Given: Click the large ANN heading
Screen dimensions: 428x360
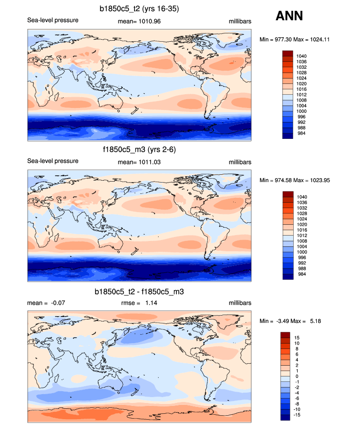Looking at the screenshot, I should coord(289,16).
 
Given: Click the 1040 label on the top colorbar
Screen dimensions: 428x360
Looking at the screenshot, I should coord(302,56).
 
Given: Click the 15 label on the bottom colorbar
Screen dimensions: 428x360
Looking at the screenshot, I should coord(297,338).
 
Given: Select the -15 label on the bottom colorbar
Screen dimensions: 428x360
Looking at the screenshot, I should coord(297,415).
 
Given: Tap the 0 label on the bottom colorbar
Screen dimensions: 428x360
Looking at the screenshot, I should coord(296,376).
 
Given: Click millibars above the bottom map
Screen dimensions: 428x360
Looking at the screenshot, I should coord(240,303).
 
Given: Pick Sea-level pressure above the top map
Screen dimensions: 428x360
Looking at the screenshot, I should coord(53,21).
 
